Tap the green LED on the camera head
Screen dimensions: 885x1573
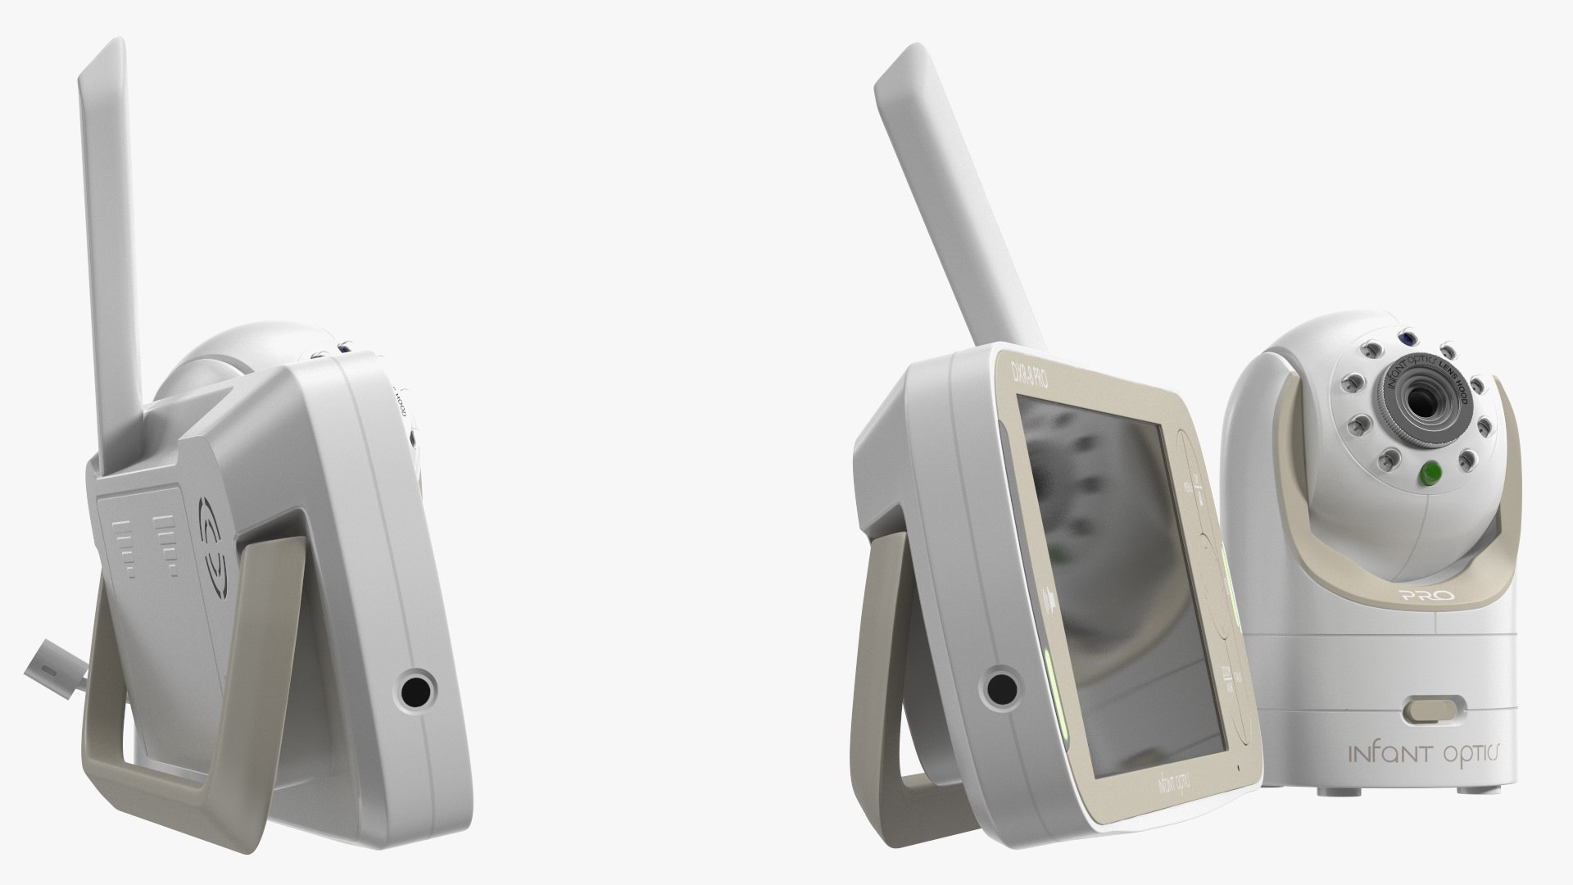pyautogui.click(x=1431, y=473)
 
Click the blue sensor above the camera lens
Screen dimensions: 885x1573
pyautogui.click(x=1403, y=338)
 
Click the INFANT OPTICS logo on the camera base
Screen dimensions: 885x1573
pyautogui.click(x=1425, y=754)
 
